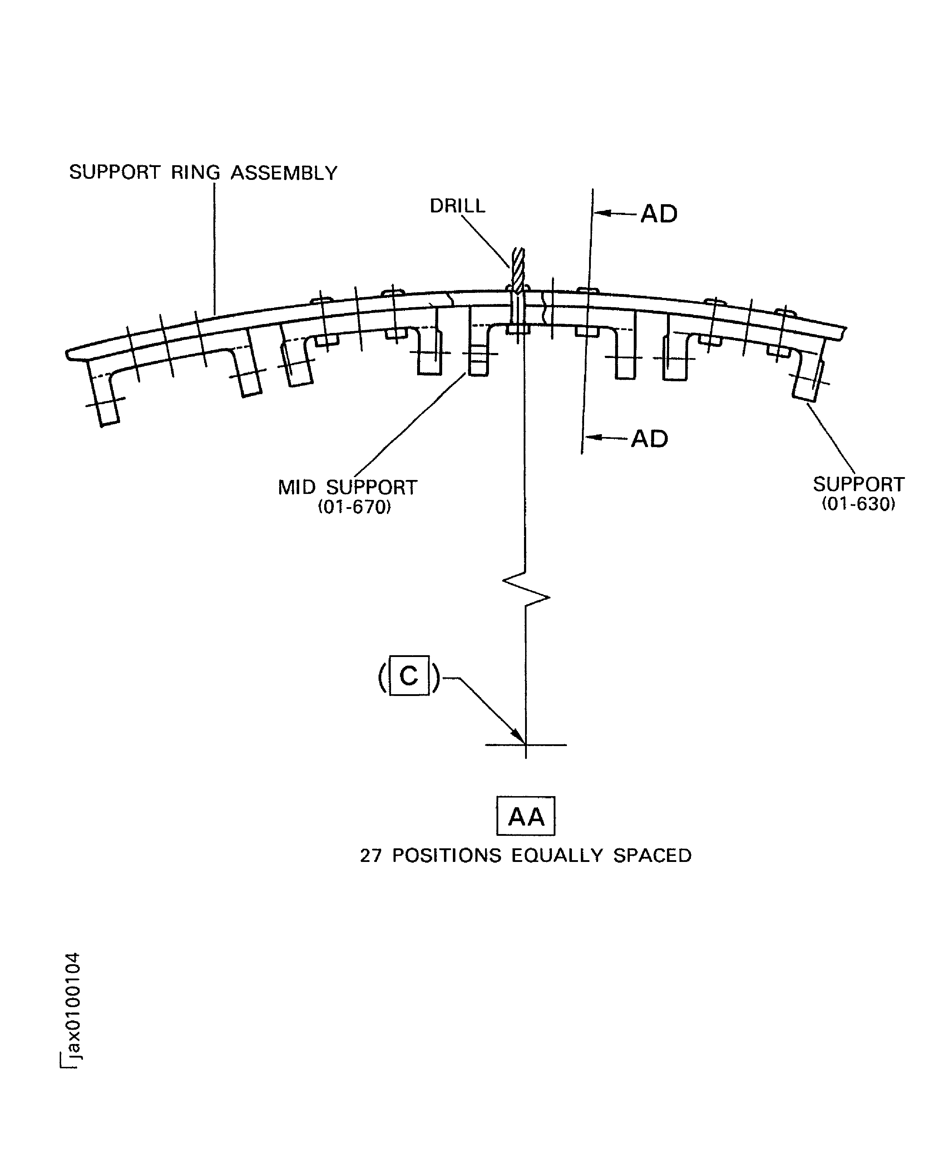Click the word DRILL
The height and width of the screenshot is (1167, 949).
pos(457,206)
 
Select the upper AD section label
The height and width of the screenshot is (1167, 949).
pos(659,214)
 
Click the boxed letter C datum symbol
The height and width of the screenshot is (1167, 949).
pos(409,676)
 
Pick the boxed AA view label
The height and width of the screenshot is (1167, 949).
pos(525,817)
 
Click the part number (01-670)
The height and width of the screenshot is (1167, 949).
pos(354,508)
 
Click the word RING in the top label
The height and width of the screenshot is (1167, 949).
pos(195,173)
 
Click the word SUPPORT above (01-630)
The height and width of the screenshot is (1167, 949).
pos(858,485)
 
